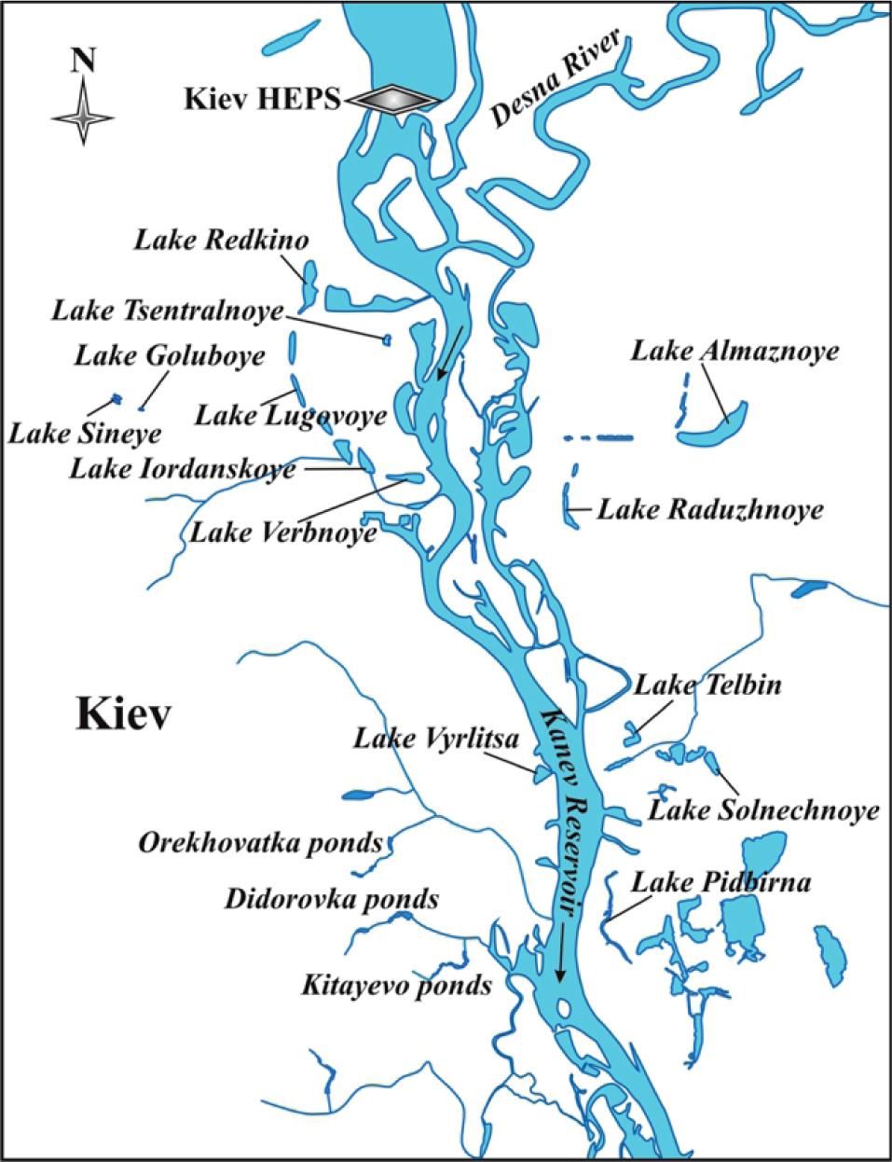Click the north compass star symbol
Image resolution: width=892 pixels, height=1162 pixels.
click(84, 114)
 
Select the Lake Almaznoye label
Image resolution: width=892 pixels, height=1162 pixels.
click(734, 351)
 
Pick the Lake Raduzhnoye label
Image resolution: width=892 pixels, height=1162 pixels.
click(710, 510)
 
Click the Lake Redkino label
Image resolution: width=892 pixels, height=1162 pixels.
click(222, 240)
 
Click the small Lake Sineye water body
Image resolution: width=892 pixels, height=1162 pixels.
click(117, 399)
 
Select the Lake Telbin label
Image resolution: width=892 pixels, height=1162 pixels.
click(707, 685)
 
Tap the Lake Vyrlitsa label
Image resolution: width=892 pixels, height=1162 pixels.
click(433, 739)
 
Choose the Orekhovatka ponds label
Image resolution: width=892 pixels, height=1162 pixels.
click(261, 843)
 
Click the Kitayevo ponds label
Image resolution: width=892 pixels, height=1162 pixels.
click(396, 985)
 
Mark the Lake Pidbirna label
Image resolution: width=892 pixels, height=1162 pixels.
click(721, 882)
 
